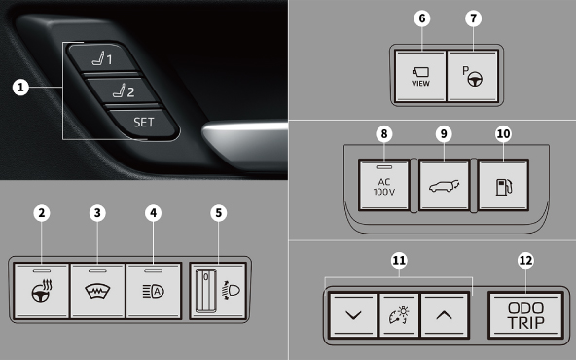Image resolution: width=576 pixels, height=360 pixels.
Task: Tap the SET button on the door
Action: [x=142, y=123]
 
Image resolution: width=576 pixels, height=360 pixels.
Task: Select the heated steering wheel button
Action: [x=42, y=291]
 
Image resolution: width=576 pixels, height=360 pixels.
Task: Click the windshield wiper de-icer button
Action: [x=97, y=291]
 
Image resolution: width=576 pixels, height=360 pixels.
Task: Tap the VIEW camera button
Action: [x=420, y=76]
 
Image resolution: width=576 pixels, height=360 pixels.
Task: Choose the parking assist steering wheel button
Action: [x=473, y=76]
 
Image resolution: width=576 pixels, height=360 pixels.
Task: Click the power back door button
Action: [x=444, y=185]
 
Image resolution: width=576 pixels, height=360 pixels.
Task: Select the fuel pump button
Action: [x=504, y=185]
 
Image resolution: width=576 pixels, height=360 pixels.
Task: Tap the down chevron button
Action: [x=353, y=315]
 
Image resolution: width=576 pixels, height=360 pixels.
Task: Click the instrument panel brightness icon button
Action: [x=399, y=315]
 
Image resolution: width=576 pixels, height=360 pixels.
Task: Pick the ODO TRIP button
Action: [x=525, y=315]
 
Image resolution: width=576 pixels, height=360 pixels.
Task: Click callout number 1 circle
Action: [x=20, y=88]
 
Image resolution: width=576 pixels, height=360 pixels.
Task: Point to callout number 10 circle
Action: [x=503, y=134]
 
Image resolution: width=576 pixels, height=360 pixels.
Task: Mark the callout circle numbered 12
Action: [x=525, y=261]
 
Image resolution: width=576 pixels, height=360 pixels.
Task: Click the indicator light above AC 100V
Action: [x=384, y=167]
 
